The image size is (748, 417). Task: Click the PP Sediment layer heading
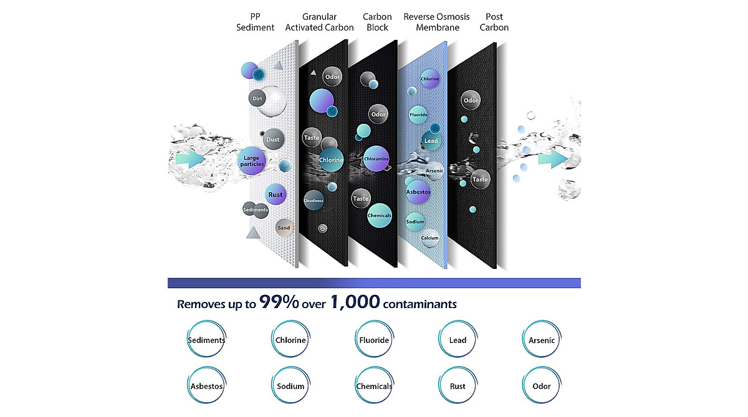255,22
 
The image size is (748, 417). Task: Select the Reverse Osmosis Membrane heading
437,22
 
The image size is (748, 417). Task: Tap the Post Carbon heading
494,22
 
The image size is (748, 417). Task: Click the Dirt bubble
257,98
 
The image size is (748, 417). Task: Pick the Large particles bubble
252,161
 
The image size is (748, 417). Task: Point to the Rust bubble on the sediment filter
276,194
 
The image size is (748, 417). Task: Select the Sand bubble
284,228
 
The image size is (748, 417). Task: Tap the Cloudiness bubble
314,200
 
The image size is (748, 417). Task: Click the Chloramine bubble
376,159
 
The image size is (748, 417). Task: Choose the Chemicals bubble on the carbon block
380,215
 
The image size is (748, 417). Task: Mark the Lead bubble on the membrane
431,141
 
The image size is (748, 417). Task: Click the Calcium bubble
429,238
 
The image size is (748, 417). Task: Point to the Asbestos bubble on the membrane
418,192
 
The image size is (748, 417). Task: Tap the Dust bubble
273,139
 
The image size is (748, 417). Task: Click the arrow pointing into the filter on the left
190,159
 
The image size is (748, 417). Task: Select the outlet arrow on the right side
553,159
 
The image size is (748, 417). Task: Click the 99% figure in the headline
279,302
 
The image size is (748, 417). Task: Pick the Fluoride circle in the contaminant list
374,339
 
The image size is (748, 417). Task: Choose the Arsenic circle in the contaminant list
542,339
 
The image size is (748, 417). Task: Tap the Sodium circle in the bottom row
290,385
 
